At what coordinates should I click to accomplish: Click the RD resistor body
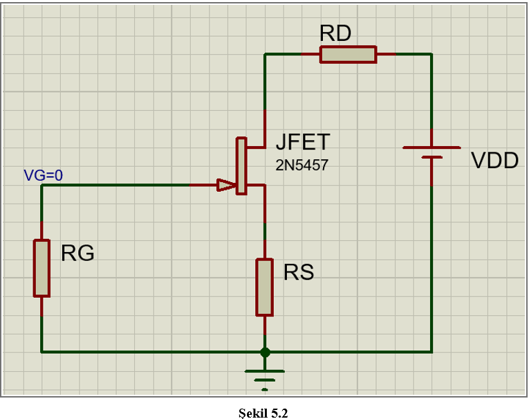(x=348, y=54)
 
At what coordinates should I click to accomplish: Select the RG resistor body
(x=42, y=268)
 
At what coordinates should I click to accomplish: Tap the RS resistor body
(x=264, y=287)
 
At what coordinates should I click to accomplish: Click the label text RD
(x=335, y=33)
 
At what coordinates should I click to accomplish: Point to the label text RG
(x=77, y=253)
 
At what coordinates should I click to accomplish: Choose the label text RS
(x=299, y=272)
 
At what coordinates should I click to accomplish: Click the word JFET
(x=303, y=142)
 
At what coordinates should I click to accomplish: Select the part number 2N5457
(x=301, y=166)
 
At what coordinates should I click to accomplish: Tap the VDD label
(x=494, y=161)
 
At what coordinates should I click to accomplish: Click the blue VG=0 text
(x=43, y=175)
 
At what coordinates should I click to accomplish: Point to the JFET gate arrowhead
(x=225, y=185)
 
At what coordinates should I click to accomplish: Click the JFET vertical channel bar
(x=241, y=166)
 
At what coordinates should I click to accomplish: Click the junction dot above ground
(x=264, y=352)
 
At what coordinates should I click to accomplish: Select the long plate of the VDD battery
(x=431, y=148)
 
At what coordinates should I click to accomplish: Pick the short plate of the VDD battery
(x=431, y=157)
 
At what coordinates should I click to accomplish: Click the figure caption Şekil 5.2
(x=262, y=413)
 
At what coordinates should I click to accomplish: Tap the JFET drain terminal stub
(x=256, y=148)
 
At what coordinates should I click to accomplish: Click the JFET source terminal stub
(x=256, y=185)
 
